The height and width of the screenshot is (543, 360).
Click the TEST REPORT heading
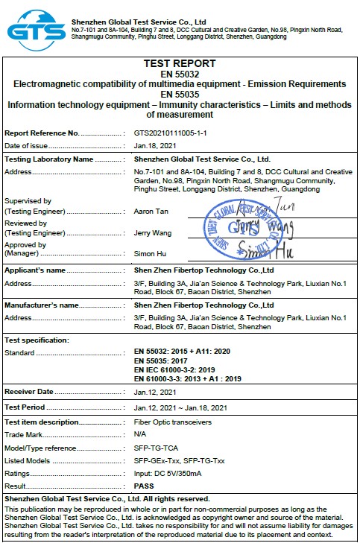(179, 64)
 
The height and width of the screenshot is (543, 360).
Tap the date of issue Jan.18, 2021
(155, 145)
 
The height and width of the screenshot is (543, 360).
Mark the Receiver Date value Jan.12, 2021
(155, 392)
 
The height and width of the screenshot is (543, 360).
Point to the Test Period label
(25, 407)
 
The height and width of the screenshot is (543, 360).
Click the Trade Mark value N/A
(140, 434)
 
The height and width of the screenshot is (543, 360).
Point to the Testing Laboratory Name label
(49, 159)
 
